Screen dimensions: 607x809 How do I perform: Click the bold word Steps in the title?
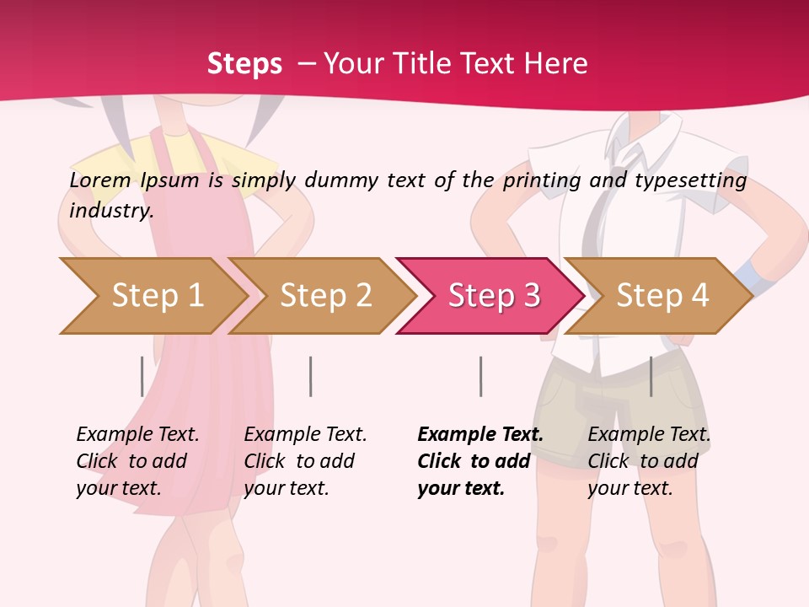tap(244, 63)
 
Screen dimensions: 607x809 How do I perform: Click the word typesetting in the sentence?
tap(690, 180)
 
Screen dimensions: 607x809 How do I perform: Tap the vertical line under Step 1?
tap(142, 376)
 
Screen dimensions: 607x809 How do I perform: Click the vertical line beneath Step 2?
tap(311, 376)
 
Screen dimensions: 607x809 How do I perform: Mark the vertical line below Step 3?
tap(480, 376)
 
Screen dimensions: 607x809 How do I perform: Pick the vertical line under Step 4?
tap(651, 376)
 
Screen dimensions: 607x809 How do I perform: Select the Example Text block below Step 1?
tap(137, 461)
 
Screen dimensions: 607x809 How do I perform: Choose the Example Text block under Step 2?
tap(304, 461)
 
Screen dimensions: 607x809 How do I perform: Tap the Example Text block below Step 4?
tap(648, 461)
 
